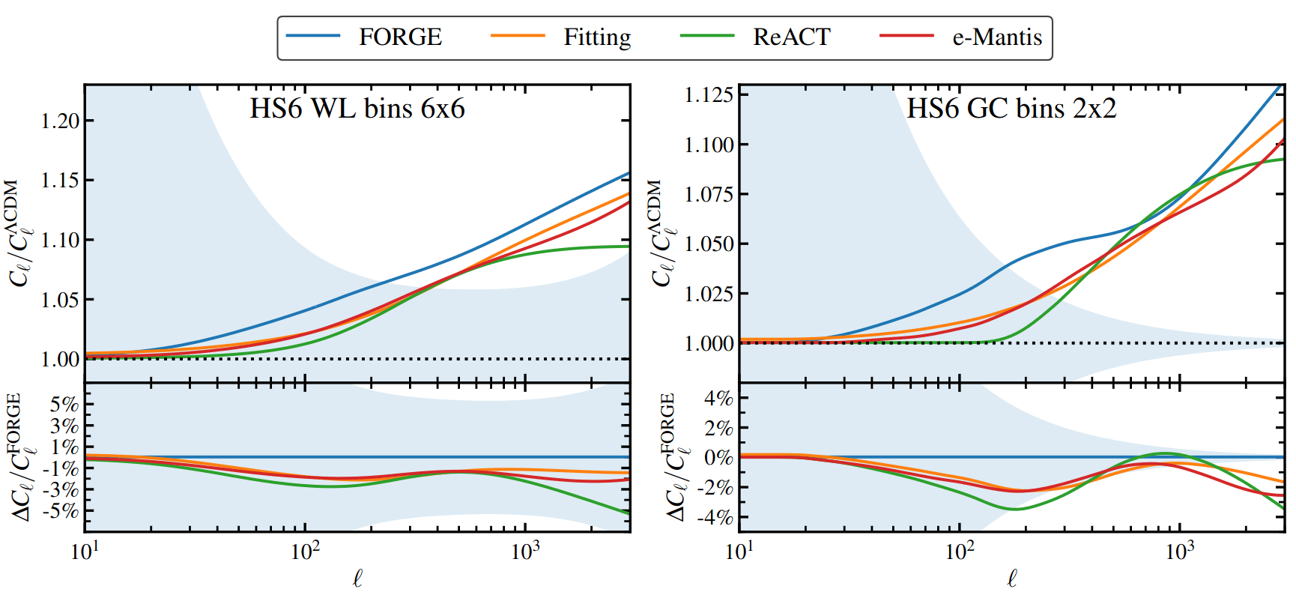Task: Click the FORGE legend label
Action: tap(400, 37)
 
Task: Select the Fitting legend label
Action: tap(597, 37)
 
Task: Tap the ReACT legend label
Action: tap(792, 37)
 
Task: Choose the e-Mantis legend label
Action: tap(997, 37)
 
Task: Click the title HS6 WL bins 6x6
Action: tap(357, 109)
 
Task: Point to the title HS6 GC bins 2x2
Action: tap(1011, 109)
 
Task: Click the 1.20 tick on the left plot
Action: tap(60, 121)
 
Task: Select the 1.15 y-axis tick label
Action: tap(60, 181)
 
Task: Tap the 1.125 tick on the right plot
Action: tap(709, 95)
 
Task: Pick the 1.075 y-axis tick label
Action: tap(709, 194)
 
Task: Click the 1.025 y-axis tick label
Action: tap(709, 294)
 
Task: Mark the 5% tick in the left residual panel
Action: tap(64, 405)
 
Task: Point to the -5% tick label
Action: tap(61, 511)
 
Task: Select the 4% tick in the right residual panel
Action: tap(718, 398)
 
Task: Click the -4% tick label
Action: tap(714, 517)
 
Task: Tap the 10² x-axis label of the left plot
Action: tap(305, 552)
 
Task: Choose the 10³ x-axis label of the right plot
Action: tap(1179, 552)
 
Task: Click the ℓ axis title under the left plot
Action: tap(357, 578)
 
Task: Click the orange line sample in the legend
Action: tap(518, 36)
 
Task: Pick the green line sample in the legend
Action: tap(707, 36)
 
